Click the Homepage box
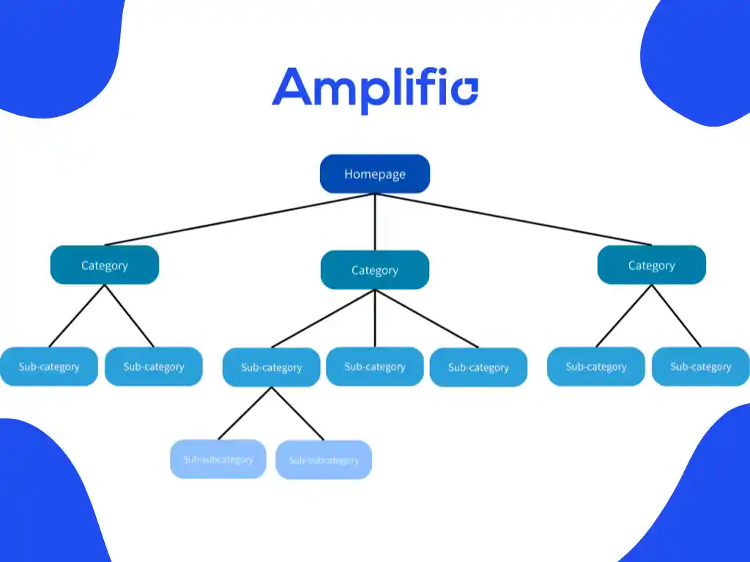point(374,174)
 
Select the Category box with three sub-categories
point(374,270)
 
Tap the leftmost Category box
point(104,265)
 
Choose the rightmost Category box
point(651,265)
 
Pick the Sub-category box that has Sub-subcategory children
point(271,367)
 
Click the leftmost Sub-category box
point(48,367)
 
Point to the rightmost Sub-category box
point(700,367)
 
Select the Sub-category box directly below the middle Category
point(374,367)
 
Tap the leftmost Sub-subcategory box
point(218,460)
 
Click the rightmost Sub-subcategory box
point(323,460)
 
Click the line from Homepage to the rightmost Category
point(513,219)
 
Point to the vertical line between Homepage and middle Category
point(375,222)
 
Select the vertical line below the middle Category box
point(375,318)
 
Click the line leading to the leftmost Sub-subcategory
point(245,413)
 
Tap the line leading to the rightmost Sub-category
point(676,315)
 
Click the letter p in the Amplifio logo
point(385,94)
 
